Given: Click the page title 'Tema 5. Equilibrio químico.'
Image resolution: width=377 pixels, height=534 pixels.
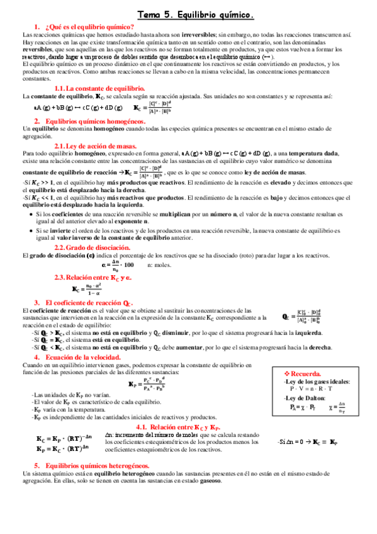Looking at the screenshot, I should tap(196, 14).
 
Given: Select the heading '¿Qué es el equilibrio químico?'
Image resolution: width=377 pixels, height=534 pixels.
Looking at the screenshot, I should tap(89, 26).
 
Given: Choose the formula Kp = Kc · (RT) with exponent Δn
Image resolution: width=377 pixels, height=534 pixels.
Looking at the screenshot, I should tap(64, 449).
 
